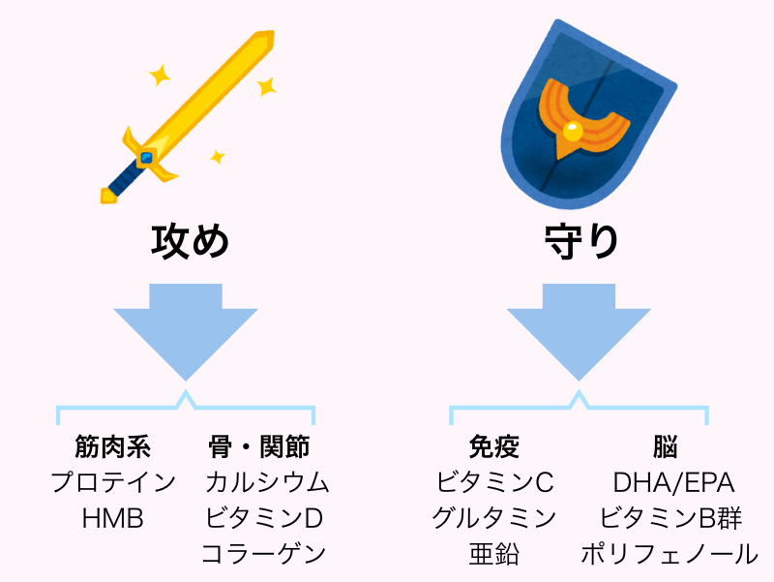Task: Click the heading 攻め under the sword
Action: coord(191,240)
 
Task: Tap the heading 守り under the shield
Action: coord(580,240)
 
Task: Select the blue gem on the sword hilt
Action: coord(146,157)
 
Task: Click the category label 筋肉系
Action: coord(113,447)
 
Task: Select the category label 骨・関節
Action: coord(259,447)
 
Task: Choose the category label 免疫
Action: coord(493,447)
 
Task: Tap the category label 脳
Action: coord(665,447)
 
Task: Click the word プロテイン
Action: coord(113,482)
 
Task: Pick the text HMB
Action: coord(113,518)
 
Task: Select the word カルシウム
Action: coord(267,482)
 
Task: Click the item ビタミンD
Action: coord(263,518)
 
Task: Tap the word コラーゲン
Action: coord(263,554)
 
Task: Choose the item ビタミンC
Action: coord(493,482)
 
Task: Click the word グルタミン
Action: coord(493,518)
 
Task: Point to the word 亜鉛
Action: coord(493,554)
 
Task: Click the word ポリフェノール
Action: coord(670,554)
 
